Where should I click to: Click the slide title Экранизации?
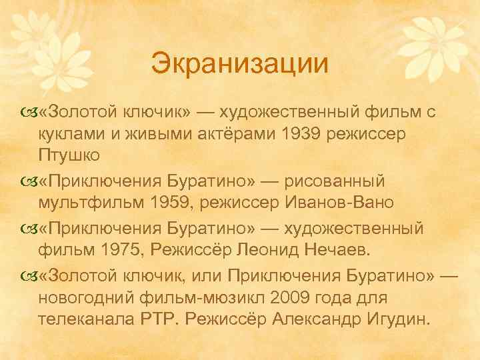point(240,65)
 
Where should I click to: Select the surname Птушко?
point(71,156)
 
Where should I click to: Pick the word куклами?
point(71,134)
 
